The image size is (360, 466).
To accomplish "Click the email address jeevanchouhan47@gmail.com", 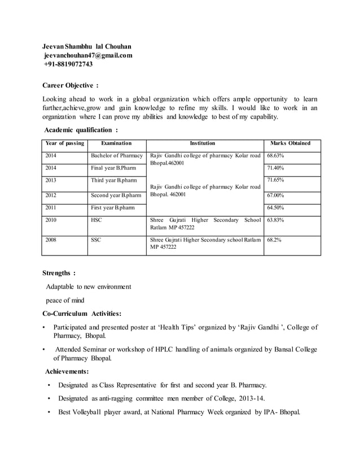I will [x=88, y=55].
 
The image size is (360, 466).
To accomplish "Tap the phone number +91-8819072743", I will [x=68, y=64].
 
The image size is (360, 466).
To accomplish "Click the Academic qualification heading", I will [x=81, y=130].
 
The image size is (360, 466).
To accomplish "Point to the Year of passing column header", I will [x=65, y=143].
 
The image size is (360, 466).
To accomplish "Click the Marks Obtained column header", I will [x=291, y=143].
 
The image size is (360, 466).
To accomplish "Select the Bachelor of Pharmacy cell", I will [x=117, y=155].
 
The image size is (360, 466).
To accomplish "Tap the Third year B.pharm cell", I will [x=114, y=181].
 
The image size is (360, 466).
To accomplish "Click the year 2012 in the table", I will [x=51, y=195].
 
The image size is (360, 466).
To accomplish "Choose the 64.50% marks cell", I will [x=276, y=208].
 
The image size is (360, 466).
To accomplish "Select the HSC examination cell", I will [x=96, y=221].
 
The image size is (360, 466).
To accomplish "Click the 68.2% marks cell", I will [x=275, y=240].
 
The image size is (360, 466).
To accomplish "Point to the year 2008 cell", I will [x=51, y=240].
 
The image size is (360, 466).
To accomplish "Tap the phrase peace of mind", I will [x=65, y=300].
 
